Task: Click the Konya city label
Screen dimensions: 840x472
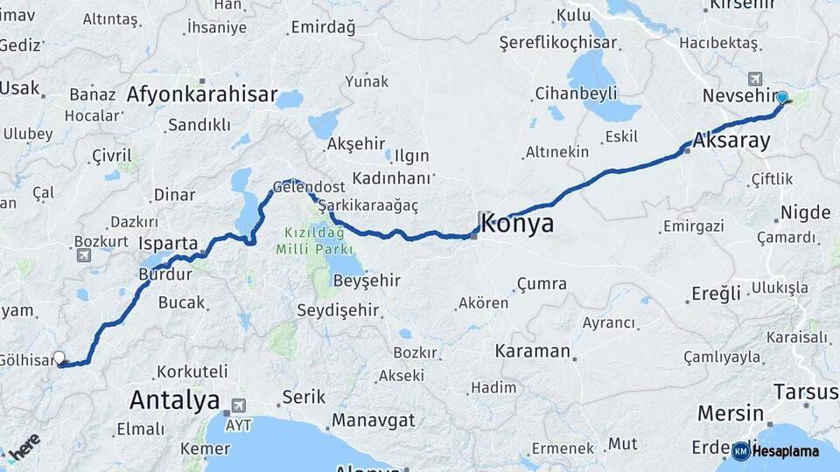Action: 516,223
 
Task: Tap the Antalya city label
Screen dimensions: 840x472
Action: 174,401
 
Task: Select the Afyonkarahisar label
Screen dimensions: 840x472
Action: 202,94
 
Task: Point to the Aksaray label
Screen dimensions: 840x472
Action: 731,140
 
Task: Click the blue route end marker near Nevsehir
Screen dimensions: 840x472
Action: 781,98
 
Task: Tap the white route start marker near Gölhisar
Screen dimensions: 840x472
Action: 59,357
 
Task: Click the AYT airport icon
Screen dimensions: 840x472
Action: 235,407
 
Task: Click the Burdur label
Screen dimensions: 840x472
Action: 164,274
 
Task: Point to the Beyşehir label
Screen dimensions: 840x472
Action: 367,281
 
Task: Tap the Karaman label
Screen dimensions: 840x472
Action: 532,351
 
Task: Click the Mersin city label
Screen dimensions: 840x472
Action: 731,413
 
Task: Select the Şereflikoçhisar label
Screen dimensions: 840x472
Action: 558,43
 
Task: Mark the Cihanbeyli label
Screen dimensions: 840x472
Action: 577,93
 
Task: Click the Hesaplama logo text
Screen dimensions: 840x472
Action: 786,451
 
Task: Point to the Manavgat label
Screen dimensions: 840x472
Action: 373,420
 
